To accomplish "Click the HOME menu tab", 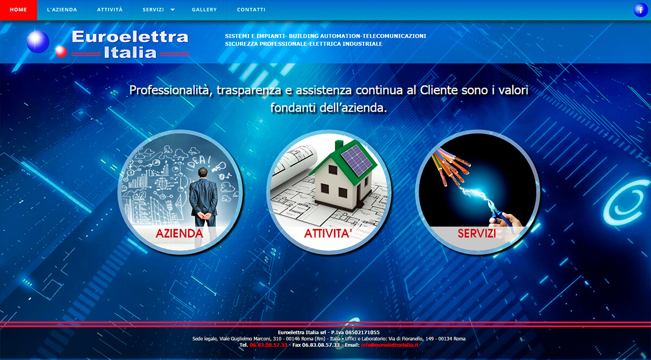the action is click(x=18, y=10).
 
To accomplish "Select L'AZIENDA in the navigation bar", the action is click(x=62, y=10).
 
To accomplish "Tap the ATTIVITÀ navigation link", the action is click(x=110, y=10).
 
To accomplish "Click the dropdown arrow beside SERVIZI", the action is click(x=173, y=10).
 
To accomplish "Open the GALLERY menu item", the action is click(x=205, y=10).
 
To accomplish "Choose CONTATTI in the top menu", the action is click(x=251, y=10).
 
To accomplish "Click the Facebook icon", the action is click(x=641, y=10).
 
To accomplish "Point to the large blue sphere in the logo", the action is click(x=38, y=42).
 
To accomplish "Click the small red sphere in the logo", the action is click(x=61, y=52).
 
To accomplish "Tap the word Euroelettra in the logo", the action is click(x=130, y=37).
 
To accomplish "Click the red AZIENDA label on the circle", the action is click(x=179, y=234).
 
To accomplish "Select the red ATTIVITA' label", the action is click(x=328, y=234).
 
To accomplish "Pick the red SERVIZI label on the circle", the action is click(x=477, y=234).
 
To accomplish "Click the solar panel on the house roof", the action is click(x=356, y=160).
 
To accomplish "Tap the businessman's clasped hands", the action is click(x=205, y=216).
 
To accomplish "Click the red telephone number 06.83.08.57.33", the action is click(x=268, y=345).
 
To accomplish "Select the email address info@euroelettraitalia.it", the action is click(x=390, y=345).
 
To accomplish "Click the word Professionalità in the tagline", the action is click(x=169, y=91).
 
